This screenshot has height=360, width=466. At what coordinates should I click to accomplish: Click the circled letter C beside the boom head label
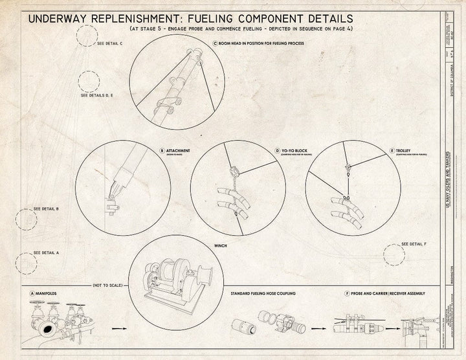coord(215,44)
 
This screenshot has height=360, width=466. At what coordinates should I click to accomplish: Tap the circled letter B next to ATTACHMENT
coord(162,150)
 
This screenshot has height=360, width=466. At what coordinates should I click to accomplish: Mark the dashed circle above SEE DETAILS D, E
coord(89,82)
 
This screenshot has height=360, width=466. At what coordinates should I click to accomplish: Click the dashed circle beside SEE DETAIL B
coord(27,219)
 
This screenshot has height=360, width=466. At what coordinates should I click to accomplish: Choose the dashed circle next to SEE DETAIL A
coord(26,263)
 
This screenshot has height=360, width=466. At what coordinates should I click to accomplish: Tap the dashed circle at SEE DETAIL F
coord(394,254)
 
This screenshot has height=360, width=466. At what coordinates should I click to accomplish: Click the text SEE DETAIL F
coord(414,243)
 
